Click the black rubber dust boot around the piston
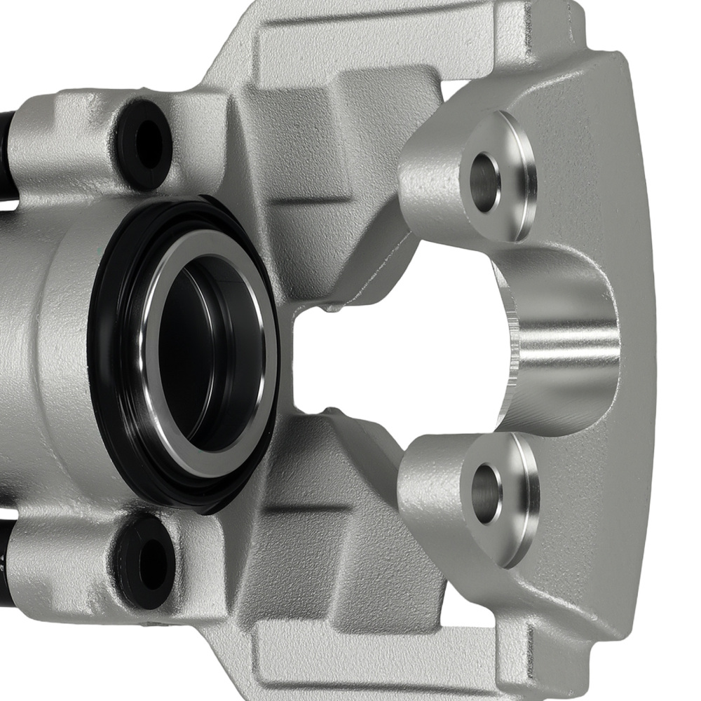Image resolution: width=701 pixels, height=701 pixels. coord(112,393)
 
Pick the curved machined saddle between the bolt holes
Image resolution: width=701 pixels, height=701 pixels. coord(561,343)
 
